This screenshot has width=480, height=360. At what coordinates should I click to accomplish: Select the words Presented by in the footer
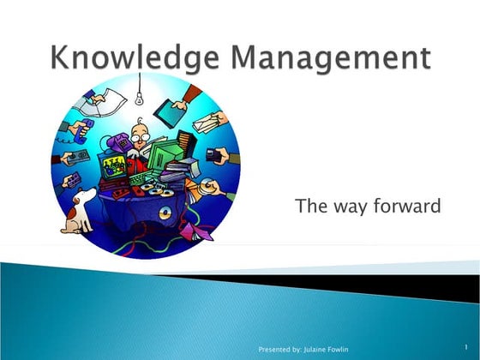coord(278,350)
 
